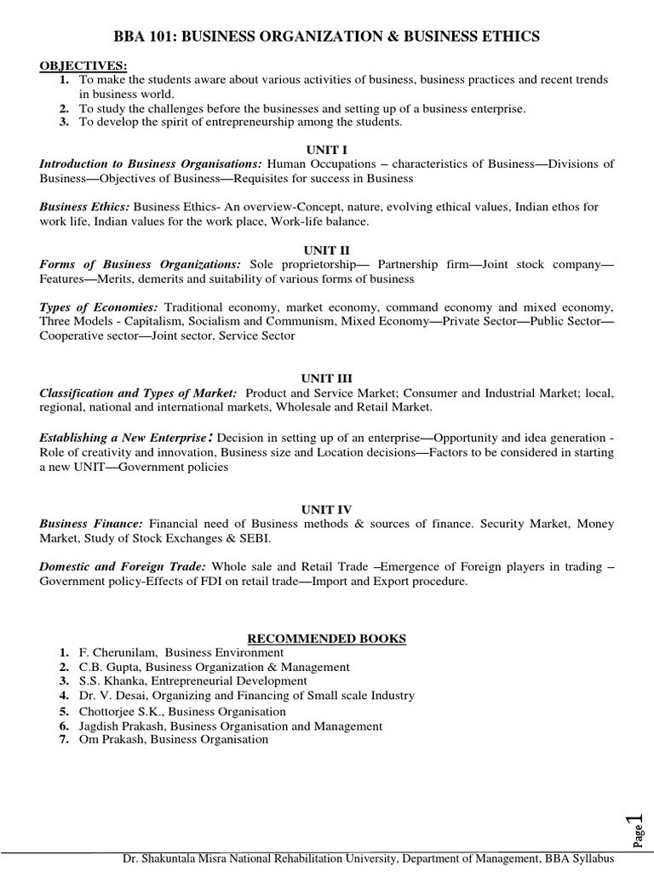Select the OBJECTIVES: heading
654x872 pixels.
pos(77,66)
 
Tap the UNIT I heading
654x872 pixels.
pos(326,150)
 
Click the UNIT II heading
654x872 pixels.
pos(326,250)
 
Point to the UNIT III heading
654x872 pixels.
pos(326,377)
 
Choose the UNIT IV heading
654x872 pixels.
pos(326,508)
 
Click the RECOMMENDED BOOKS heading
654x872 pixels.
pos(326,638)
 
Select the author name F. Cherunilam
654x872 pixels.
pos(111,652)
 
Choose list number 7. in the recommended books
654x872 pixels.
pos(64,740)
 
